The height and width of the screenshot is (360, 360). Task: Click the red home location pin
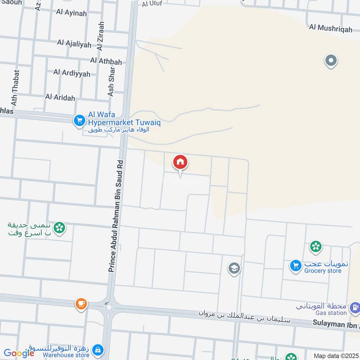pyautogui.click(x=180, y=162)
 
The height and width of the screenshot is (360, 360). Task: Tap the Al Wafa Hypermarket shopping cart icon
pyautogui.click(x=79, y=120)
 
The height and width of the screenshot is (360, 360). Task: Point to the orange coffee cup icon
pyautogui.click(x=81, y=303)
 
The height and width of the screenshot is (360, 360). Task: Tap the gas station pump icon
pyautogui.click(x=355, y=308)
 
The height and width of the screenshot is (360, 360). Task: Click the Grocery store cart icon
pyautogui.click(x=296, y=266)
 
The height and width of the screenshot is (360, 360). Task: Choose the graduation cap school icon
pyautogui.click(x=234, y=269)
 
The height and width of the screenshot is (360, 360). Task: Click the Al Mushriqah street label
pyautogui.click(x=331, y=27)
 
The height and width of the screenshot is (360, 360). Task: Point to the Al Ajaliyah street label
pyautogui.click(x=74, y=44)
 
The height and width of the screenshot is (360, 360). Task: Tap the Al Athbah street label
pyautogui.click(x=106, y=60)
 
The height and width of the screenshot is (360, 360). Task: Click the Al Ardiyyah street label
pyautogui.click(x=72, y=72)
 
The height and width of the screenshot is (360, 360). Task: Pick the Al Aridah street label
pyautogui.click(x=60, y=97)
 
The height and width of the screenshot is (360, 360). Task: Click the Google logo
pyautogui.click(x=19, y=353)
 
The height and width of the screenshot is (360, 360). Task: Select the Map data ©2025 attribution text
pyautogui.click(x=335, y=355)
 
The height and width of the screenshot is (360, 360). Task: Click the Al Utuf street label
pyautogui.click(x=152, y=4)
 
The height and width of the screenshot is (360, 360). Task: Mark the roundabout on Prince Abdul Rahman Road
pyautogui.click(x=108, y=307)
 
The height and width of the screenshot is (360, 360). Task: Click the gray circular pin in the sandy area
pyautogui.click(x=331, y=60)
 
